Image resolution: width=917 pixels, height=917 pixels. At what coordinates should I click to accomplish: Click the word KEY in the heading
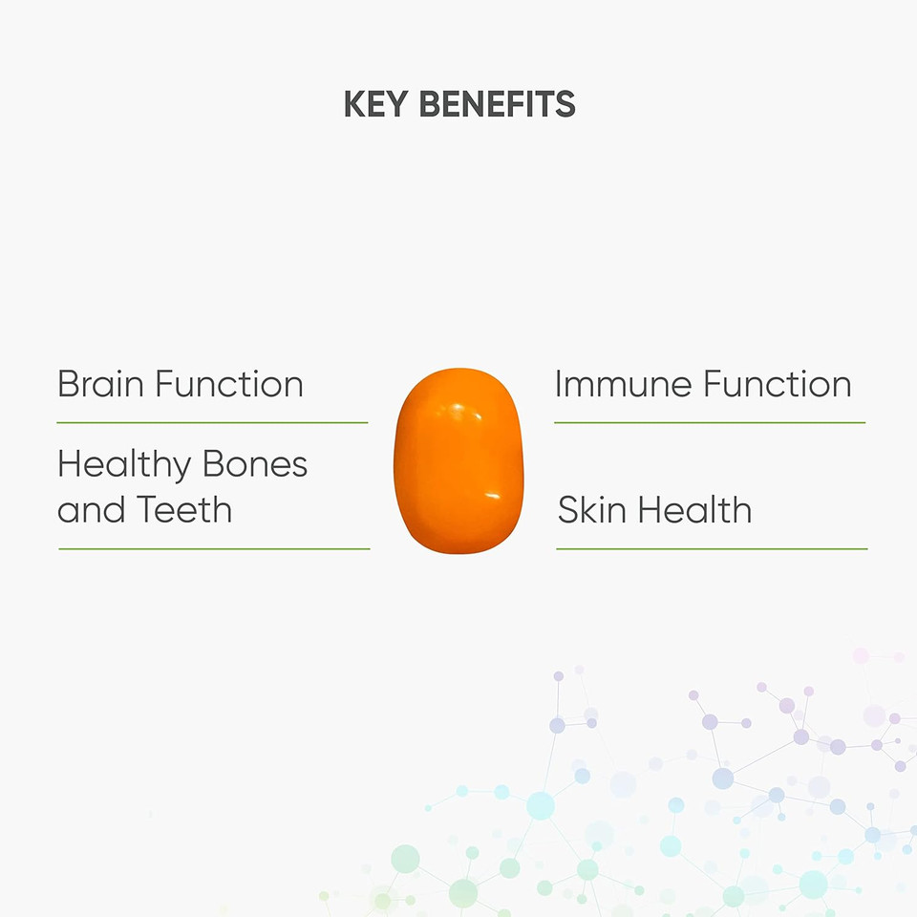click(x=375, y=104)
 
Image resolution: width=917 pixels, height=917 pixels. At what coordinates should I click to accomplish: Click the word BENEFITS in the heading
click(x=498, y=104)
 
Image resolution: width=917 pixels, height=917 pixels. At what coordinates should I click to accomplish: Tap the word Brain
click(x=100, y=384)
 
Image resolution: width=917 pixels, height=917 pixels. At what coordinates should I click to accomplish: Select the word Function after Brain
click(x=229, y=384)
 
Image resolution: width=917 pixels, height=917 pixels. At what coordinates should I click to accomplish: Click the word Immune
click(x=623, y=384)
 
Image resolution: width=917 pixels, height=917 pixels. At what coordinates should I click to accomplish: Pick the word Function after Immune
click(x=778, y=384)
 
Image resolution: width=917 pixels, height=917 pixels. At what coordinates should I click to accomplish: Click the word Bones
click(x=255, y=465)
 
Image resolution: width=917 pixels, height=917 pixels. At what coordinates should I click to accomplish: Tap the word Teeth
click(x=184, y=509)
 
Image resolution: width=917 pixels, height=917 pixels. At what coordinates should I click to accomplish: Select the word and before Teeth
click(x=92, y=509)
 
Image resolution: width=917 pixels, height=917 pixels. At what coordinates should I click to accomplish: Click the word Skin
click(x=591, y=509)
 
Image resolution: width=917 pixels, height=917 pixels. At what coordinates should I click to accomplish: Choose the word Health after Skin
click(x=694, y=509)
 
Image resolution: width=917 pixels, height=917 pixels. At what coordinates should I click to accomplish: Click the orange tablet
click(x=459, y=460)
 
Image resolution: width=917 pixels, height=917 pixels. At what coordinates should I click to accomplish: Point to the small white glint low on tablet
click(x=493, y=497)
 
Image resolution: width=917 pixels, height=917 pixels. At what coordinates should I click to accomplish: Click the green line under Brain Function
click(x=212, y=422)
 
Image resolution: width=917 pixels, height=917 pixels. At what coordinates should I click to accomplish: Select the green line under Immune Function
click(x=710, y=422)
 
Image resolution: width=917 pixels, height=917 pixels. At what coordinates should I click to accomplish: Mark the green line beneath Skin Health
click(x=712, y=549)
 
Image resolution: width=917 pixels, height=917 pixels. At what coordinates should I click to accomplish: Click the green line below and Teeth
click(x=214, y=549)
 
